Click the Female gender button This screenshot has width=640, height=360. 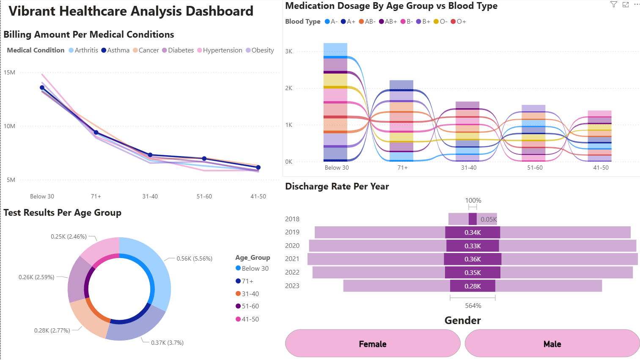click(372, 344)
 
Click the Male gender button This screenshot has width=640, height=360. click(552, 344)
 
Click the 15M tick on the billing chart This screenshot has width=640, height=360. click(9, 72)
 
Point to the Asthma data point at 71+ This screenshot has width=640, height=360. click(96, 132)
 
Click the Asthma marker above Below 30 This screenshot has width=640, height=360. click(42, 88)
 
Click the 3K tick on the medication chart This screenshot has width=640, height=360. click(288, 51)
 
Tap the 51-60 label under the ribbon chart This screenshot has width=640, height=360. click(535, 168)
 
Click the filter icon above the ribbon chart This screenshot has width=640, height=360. click(613, 5)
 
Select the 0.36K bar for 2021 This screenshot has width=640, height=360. click(472, 259)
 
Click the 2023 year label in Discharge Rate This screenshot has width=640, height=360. click(292, 286)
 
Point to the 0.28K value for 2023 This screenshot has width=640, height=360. click(472, 286)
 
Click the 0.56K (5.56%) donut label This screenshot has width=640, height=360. click(194, 258)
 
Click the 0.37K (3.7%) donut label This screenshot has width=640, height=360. click(167, 343)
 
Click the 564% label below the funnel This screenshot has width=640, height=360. click(473, 306)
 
